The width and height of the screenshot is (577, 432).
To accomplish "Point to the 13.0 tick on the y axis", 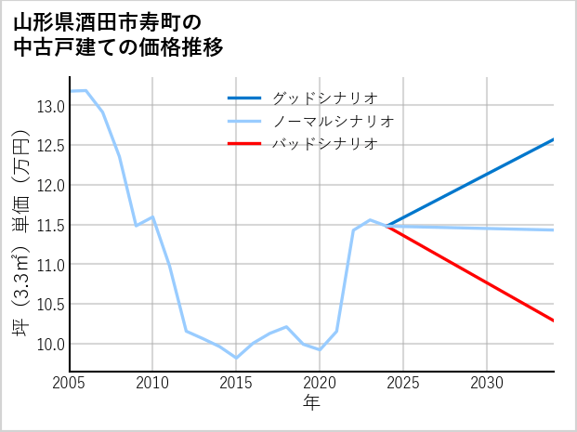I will (x=51, y=106).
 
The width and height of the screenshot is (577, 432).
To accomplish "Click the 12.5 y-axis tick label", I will (x=51, y=146).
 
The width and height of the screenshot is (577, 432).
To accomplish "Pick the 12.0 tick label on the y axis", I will (x=51, y=186).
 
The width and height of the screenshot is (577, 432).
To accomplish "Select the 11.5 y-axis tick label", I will (x=51, y=225).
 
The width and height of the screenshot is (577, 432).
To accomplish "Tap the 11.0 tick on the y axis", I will (x=51, y=265).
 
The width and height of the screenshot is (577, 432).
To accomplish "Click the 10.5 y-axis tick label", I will (x=51, y=305).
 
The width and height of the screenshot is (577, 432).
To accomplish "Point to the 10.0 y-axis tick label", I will (x=51, y=345).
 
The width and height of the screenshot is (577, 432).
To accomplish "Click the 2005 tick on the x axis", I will (x=70, y=383).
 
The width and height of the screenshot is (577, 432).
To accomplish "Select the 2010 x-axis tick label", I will (x=152, y=383).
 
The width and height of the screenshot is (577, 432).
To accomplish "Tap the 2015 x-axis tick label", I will (x=236, y=383).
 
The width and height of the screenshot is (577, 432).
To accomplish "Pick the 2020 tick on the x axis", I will (x=320, y=383).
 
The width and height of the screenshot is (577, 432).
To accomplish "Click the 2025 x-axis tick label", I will (x=403, y=383).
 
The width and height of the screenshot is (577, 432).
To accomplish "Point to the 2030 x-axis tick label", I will (x=487, y=383).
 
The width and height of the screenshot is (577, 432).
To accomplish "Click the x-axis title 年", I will (x=311, y=402).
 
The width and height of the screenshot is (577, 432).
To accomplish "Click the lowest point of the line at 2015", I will (x=236, y=358).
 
